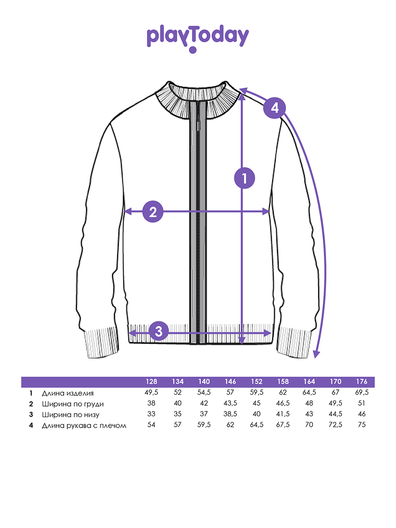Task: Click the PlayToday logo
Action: [x=198, y=38]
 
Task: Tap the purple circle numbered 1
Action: [x=245, y=178]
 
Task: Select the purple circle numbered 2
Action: [x=153, y=212]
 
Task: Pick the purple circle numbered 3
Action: [x=159, y=331]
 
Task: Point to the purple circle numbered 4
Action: [x=275, y=108]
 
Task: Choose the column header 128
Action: [x=151, y=382]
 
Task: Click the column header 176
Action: [x=362, y=382]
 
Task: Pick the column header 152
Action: [x=257, y=382]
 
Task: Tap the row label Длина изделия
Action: [x=68, y=393]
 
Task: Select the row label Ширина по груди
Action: [x=73, y=404]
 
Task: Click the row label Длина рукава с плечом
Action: [x=84, y=425]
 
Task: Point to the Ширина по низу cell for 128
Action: [x=151, y=414]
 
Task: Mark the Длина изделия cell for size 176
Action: [x=362, y=392]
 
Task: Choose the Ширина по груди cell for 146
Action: [x=230, y=403]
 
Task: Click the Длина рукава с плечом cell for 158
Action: [x=283, y=425]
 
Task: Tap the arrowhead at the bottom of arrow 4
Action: [x=317, y=355]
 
